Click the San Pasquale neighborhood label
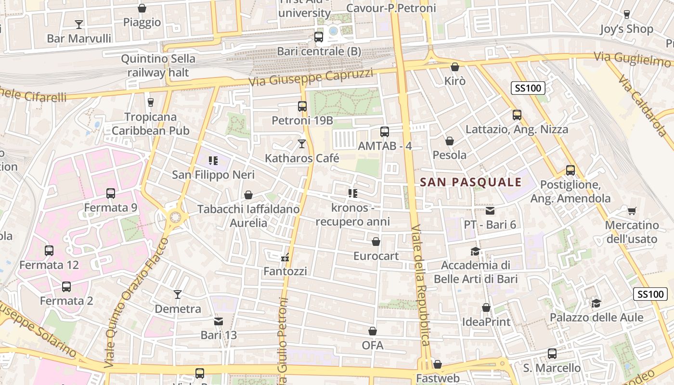[471, 182]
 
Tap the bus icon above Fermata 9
[111, 193]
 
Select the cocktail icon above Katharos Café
[302, 143]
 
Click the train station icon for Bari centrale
[318, 37]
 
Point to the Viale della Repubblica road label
[420, 285]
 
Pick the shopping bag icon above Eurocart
[376, 242]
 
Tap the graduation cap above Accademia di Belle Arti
[476, 251]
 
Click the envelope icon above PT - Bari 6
[490, 210]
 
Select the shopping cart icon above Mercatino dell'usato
[632, 211]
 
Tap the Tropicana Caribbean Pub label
[150, 124]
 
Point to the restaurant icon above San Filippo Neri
[213, 161]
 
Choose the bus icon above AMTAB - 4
[384, 131]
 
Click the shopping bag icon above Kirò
[454, 67]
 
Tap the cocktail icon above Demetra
[178, 295]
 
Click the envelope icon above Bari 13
[219, 321]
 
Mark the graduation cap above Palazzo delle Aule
[596, 303]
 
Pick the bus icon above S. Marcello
[552, 354]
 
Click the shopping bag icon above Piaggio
[142, 8]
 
